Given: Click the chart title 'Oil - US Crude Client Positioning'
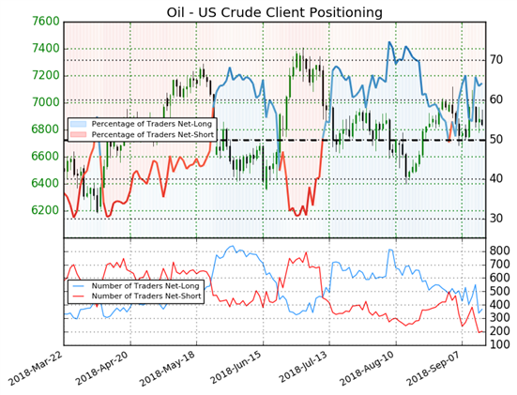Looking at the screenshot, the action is pos(274,12).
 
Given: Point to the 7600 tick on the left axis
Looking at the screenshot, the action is pos(45,22).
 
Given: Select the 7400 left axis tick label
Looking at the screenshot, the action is pos(45,49).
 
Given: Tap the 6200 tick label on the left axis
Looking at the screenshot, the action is pos(45,210).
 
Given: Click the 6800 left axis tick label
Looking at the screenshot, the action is pos(45,129).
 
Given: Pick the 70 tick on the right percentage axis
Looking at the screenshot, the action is pos(496,60).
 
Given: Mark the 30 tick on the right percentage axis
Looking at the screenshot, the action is pos(496,219).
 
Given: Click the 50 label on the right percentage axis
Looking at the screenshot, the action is pos(496,140).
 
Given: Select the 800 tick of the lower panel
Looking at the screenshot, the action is pos(499,251).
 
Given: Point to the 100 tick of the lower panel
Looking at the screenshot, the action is pos(499,345).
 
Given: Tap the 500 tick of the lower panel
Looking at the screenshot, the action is pos(499,291).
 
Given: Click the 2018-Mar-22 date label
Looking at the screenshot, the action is pos(36,369).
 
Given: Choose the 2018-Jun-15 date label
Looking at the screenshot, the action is pos(236,369).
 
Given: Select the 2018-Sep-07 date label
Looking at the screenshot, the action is pos(434,369).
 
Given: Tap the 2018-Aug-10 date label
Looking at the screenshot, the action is pos(368,369).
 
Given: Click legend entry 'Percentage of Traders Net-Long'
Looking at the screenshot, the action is pos(141,124).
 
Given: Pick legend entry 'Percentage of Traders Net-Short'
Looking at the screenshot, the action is pos(142,134).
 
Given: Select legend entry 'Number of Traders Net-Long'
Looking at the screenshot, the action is pos(134,286).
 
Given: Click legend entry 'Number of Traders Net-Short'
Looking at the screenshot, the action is pos(135,296).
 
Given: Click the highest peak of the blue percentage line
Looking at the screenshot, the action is pos(389,42).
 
